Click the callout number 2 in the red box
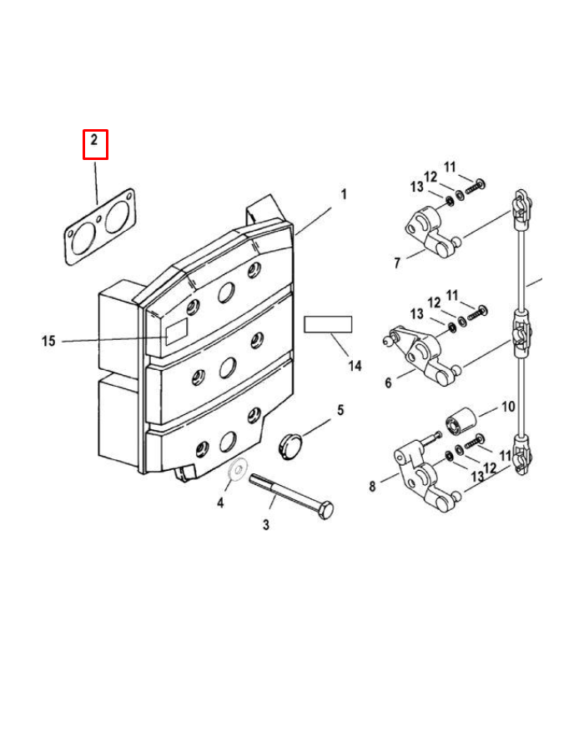94,140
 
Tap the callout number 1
344,194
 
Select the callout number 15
48,341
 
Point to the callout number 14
355,366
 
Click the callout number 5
340,410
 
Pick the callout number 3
266,524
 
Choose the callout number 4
220,502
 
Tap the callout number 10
508,407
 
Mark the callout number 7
397,262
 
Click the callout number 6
388,382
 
